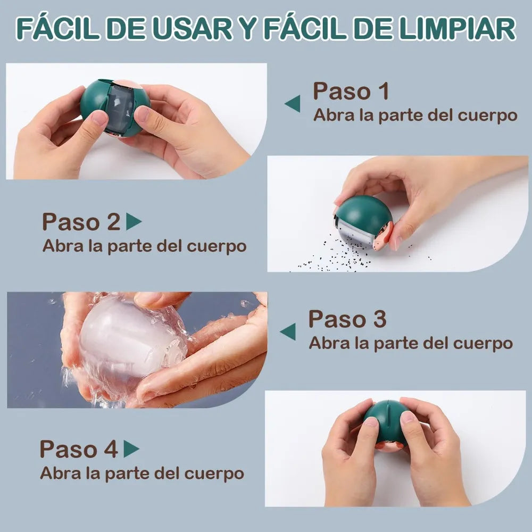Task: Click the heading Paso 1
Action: pos(351,91)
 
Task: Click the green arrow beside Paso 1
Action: pos(293,104)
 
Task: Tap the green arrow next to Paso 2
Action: pos(134,221)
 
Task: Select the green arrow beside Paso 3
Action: pos(288,332)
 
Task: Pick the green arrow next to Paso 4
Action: pos(131,449)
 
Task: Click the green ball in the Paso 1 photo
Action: pos(115,108)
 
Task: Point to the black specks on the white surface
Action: pos(343,254)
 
